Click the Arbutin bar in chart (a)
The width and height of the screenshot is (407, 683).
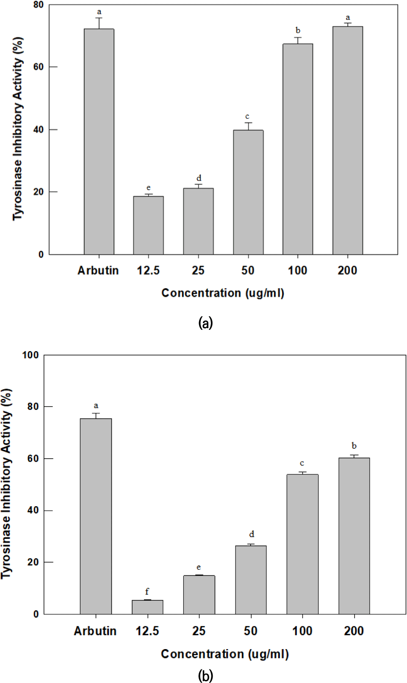[x=99, y=142]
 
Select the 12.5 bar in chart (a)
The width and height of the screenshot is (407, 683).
[x=148, y=225]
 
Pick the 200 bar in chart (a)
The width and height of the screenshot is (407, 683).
[x=348, y=140]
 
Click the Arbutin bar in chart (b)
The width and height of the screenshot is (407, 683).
[x=96, y=516]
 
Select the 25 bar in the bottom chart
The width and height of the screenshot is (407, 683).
[x=199, y=594]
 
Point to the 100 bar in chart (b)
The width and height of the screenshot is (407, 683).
[x=302, y=544]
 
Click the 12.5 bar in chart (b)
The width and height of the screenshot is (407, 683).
[x=147, y=607]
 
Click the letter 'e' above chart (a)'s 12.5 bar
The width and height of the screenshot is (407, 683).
[x=148, y=187]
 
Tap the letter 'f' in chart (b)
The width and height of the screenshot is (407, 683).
[x=147, y=591]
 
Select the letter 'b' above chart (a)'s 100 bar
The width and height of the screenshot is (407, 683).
[x=298, y=31]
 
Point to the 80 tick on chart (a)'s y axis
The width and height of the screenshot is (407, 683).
[x=39, y=5]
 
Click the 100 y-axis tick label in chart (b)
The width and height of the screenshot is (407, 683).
[x=30, y=355]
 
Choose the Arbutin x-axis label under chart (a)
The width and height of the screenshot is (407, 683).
[x=98, y=270]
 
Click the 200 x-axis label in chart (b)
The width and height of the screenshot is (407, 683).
[x=354, y=631]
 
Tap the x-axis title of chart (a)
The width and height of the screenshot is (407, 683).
[x=223, y=293]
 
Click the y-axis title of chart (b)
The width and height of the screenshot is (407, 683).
[x=7, y=484]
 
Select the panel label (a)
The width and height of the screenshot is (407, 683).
[x=205, y=323]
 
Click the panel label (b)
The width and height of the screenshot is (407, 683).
[x=205, y=675]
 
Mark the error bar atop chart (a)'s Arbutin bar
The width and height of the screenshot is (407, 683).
[x=99, y=23]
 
